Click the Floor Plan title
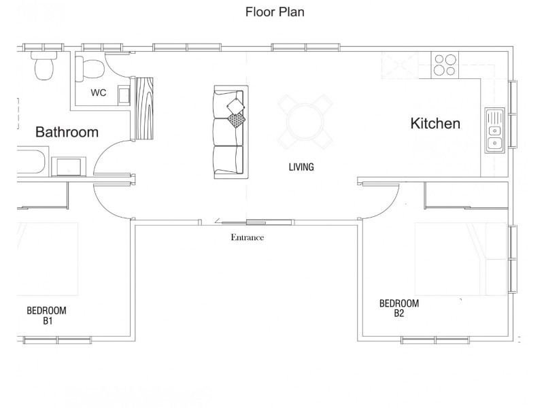275,12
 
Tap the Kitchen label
435,124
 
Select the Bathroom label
67,132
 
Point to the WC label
99,92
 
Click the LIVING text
301,167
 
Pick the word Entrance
248,237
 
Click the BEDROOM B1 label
46,316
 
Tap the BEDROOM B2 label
399,309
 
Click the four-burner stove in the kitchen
445,65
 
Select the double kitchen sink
495,130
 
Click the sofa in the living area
231,132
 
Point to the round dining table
305,122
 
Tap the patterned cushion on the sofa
236,120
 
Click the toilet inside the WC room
90,68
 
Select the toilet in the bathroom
44,65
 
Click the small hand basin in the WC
124,95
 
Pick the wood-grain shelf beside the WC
144,109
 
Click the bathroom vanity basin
69,167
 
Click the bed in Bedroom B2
461,259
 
